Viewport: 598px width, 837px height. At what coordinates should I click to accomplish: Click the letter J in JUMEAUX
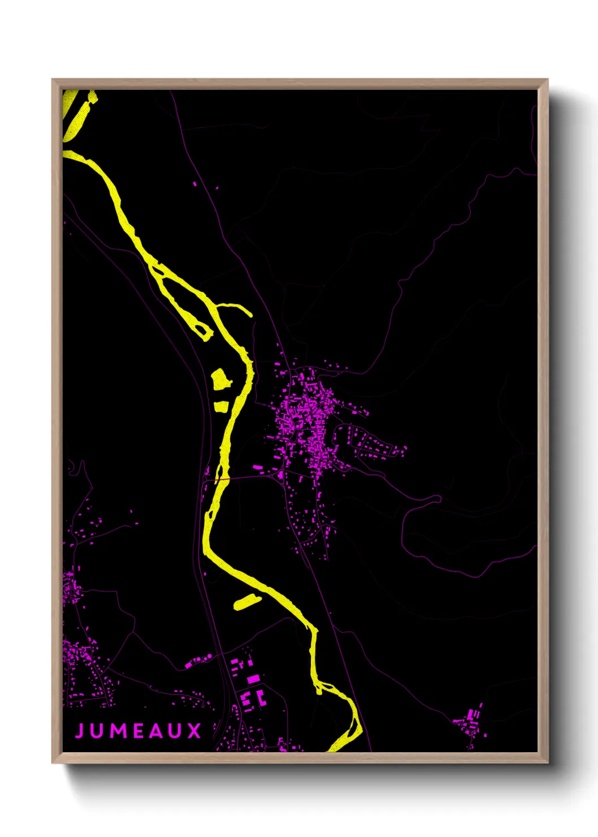[x=79, y=731]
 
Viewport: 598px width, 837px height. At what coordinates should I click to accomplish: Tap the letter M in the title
[x=117, y=731]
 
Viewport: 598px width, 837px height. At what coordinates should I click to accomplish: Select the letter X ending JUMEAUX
[x=194, y=731]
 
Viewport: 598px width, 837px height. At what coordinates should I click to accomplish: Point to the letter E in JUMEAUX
[x=137, y=731]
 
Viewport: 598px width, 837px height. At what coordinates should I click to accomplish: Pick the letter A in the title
[x=156, y=731]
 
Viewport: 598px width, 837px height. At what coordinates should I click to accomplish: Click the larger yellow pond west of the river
[x=220, y=378]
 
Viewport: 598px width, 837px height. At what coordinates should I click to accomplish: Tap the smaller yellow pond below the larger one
[x=220, y=405]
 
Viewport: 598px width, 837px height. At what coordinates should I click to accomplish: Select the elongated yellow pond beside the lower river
[x=247, y=601]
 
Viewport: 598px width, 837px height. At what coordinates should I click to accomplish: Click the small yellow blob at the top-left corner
[x=92, y=98]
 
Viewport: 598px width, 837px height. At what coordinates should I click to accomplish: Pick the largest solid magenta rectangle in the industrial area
[x=254, y=679]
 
